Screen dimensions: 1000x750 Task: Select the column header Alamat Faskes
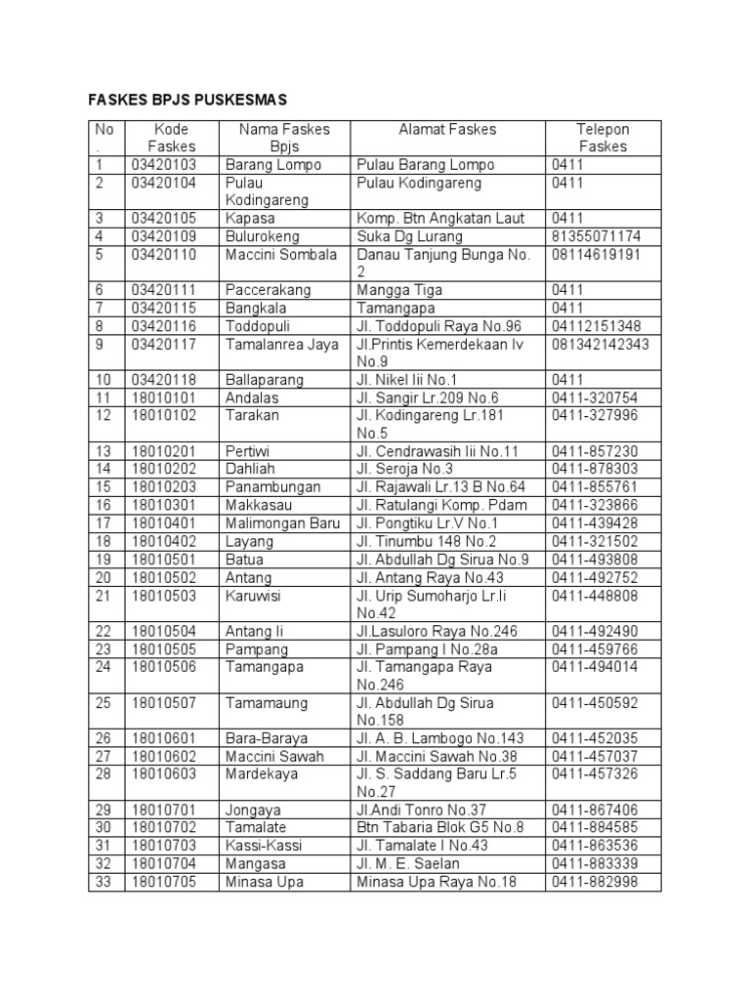tap(447, 129)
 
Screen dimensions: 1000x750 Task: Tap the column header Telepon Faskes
tap(603, 138)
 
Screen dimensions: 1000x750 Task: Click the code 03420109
tap(164, 236)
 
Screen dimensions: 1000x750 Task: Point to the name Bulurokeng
tap(263, 236)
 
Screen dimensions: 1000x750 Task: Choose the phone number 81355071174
tap(596, 236)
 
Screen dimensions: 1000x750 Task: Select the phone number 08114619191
tap(596, 254)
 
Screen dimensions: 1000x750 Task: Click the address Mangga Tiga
tap(399, 290)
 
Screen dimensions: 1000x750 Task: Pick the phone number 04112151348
tap(596, 326)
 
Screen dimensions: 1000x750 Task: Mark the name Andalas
tap(252, 397)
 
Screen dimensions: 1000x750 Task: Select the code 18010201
tap(164, 451)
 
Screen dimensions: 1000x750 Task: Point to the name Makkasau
tap(258, 505)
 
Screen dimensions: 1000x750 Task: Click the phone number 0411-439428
tap(595, 523)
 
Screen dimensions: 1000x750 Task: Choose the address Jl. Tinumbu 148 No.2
tap(427, 541)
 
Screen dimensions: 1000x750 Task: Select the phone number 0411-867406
tap(595, 810)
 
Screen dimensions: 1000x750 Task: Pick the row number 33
tap(104, 882)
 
